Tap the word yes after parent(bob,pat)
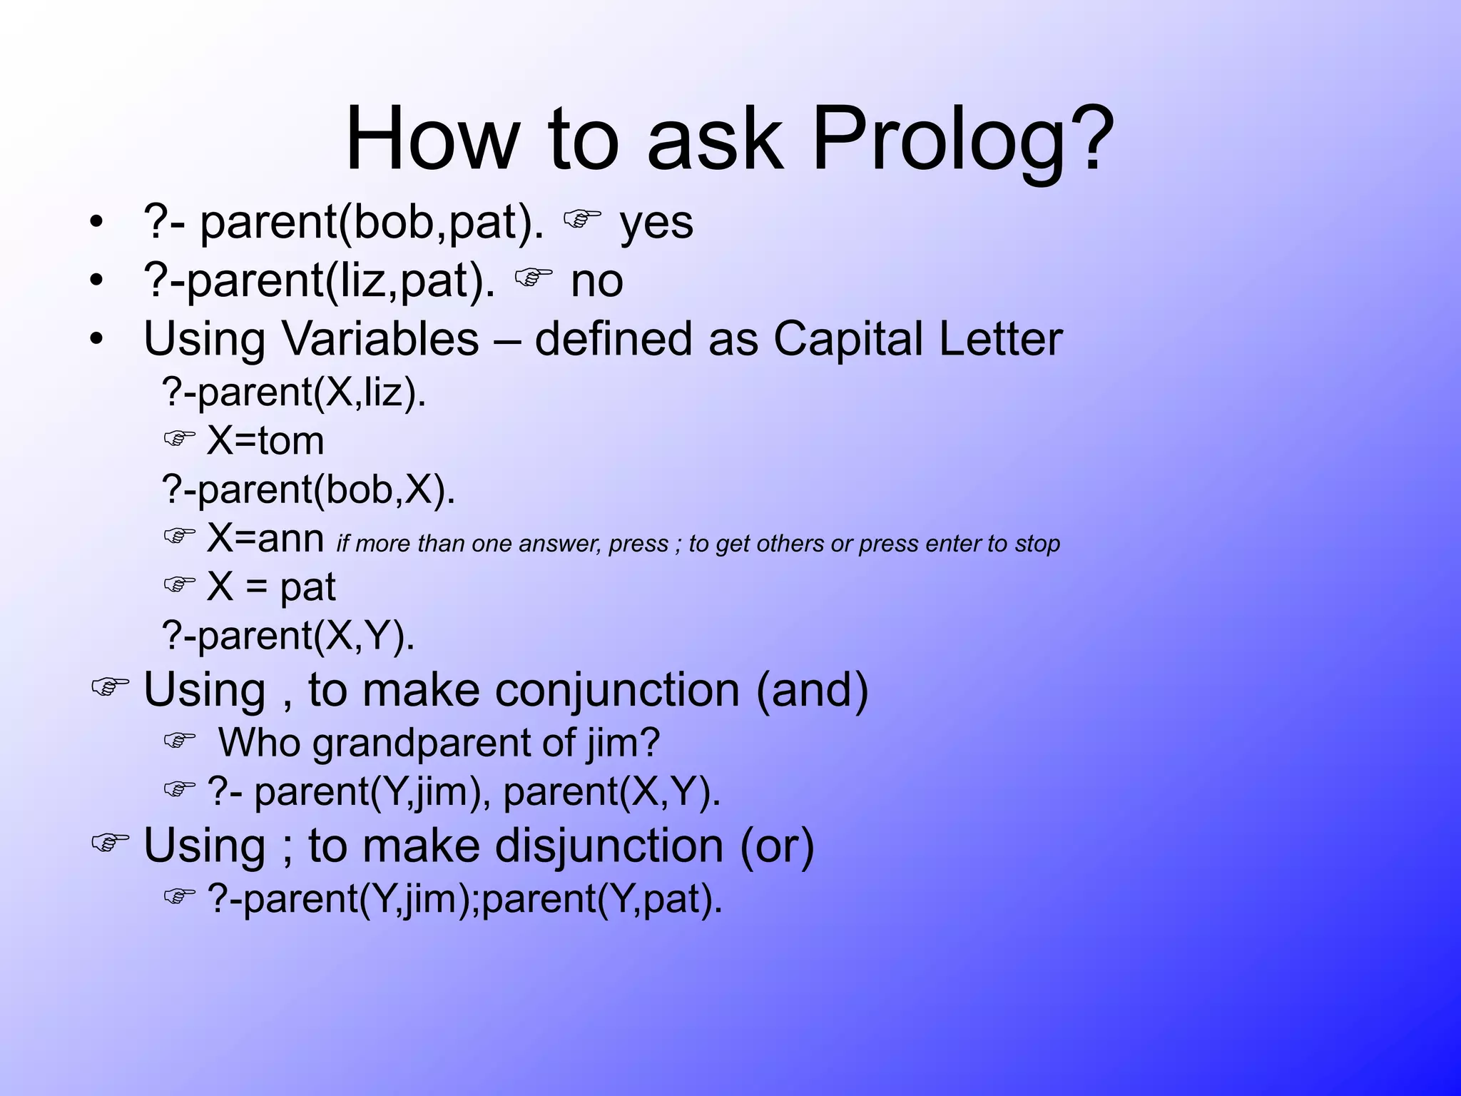(656, 223)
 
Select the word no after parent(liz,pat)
(596, 281)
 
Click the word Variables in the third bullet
(381, 339)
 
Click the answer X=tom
(265, 441)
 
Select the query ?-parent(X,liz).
(294, 392)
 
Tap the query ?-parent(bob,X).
(308, 490)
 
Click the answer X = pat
(270, 587)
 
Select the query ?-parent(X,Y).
(288, 636)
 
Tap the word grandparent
(422, 743)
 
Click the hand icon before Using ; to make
(110, 843)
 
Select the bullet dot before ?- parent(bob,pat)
(96, 223)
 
